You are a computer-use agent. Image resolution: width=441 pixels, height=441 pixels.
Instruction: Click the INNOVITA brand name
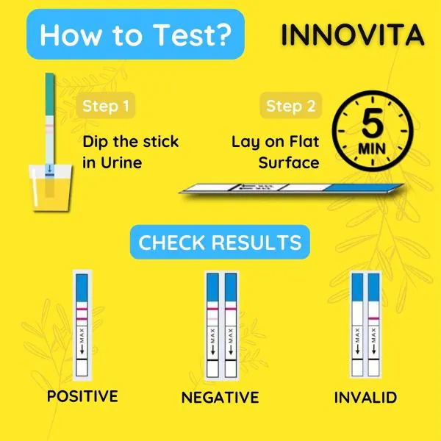(x=352, y=35)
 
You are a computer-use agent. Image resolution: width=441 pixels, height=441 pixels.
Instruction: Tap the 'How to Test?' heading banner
(x=135, y=35)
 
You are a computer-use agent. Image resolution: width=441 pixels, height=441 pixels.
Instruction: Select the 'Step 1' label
(x=105, y=106)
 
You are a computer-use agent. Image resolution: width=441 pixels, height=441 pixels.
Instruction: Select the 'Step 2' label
(x=290, y=106)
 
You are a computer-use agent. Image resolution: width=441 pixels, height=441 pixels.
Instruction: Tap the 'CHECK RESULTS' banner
(x=220, y=243)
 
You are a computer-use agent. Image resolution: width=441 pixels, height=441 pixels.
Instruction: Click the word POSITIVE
(x=82, y=396)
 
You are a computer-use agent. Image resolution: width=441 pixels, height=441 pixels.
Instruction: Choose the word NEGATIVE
(x=220, y=398)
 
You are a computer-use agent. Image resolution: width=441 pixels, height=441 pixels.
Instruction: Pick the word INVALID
(x=365, y=398)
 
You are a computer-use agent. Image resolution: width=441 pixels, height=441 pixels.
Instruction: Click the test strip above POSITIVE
(x=82, y=323)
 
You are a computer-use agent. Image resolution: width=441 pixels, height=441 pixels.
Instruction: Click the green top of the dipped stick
(x=48, y=92)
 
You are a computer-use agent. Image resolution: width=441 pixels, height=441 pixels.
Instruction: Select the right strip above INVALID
(x=373, y=323)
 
